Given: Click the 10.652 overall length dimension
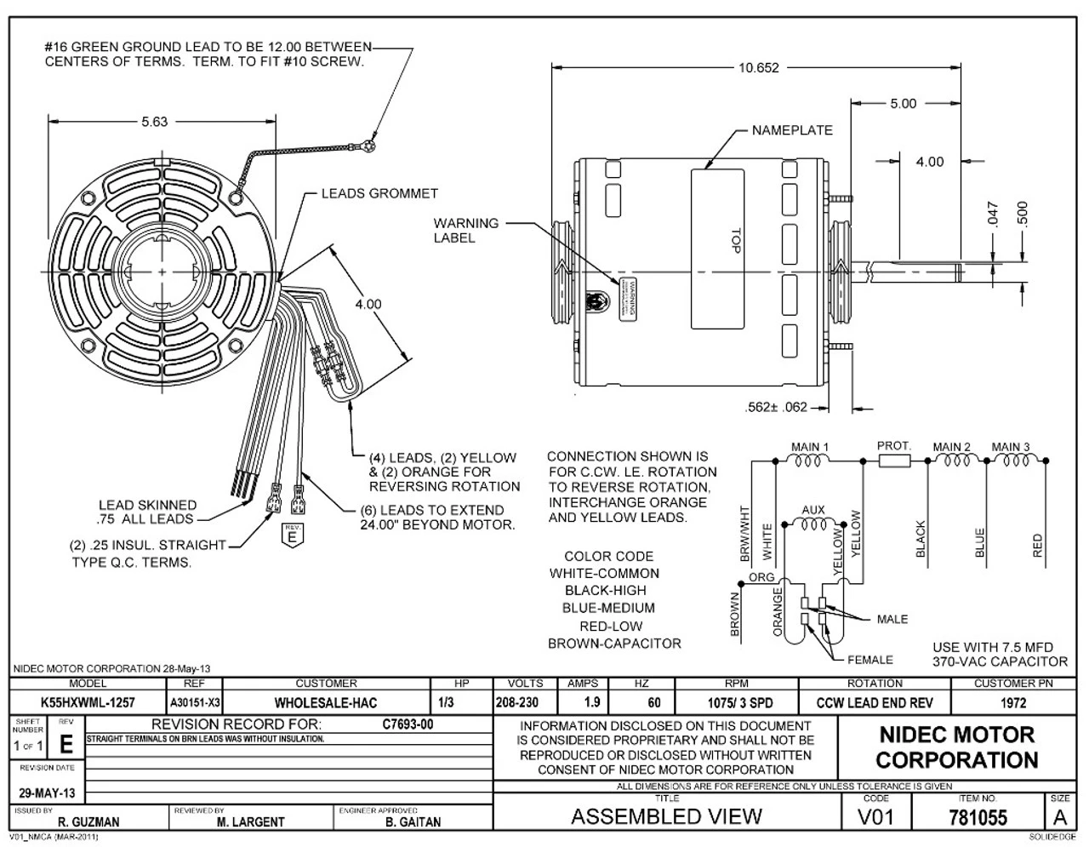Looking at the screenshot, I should [x=757, y=68].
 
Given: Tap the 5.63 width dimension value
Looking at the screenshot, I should [x=154, y=122].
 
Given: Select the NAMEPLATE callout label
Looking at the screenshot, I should [x=792, y=131].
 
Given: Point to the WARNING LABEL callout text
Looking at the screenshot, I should [x=465, y=231].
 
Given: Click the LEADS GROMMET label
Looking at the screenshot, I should [x=379, y=194].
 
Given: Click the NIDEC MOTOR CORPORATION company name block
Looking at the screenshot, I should [x=956, y=747].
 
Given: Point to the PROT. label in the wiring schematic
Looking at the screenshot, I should [x=894, y=446].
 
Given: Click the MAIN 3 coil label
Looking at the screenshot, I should [x=1011, y=447].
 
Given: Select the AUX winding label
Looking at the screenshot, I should [x=813, y=511].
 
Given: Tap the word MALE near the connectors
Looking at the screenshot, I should [x=892, y=619].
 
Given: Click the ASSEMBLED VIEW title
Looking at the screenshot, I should [x=666, y=817].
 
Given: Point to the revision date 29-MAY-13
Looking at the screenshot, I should [x=47, y=793].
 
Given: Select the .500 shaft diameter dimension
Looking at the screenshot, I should [x=1023, y=215].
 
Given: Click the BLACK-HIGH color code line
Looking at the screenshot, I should [x=604, y=591].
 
